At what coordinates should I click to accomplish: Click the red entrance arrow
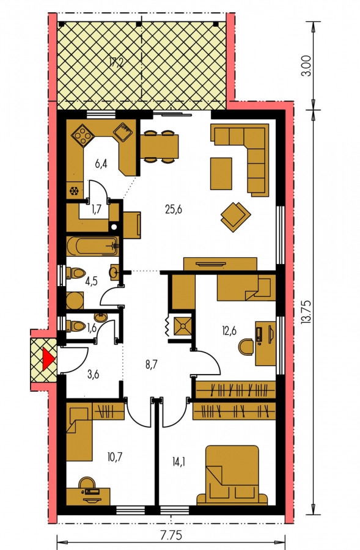tap(48, 359)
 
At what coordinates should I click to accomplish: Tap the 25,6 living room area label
tap(174, 210)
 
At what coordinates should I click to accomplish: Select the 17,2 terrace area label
tap(116, 63)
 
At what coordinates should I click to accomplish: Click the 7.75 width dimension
tap(171, 536)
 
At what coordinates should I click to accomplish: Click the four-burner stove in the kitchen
tap(83, 136)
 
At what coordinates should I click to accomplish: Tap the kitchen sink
tap(123, 132)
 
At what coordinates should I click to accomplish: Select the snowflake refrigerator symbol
tap(74, 191)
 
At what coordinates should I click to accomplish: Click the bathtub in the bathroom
tap(93, 246)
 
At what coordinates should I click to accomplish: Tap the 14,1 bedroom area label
tap(178, 461)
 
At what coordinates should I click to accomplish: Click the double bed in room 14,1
tap(232, 475)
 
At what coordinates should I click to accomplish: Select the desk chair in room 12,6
tap(246, 346)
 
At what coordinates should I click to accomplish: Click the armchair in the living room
tap(235, 216)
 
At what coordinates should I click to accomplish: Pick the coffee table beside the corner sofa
tap(221, 174)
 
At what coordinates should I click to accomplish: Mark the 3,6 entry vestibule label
tap(93, 374)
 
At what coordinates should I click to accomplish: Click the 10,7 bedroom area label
tap(116, 457)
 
